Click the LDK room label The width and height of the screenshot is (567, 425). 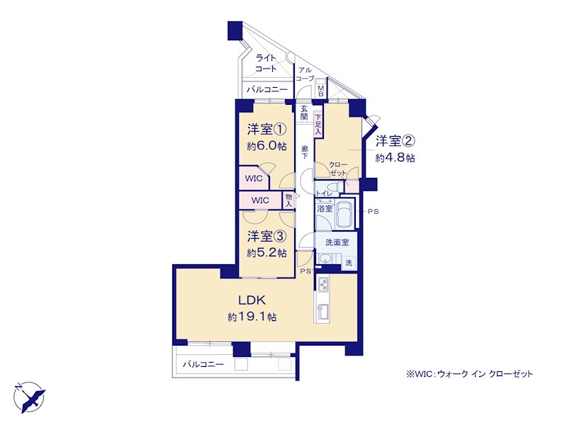point(252,300)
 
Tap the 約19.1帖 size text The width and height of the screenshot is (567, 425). point(252,317)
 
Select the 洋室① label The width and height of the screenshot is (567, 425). point(267,129)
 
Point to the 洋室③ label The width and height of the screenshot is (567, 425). point(267,237)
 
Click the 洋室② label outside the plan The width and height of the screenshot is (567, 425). point(395,141)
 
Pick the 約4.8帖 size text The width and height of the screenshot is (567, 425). point(395,158)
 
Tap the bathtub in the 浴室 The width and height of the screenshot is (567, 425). point(344,214)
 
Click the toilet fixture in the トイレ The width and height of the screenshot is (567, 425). point(338,187)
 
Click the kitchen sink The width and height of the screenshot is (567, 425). point(322,310)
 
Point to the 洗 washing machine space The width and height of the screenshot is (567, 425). point(349,263)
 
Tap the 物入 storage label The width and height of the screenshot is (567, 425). point(288,200)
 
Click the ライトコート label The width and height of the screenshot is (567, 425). point(266,63)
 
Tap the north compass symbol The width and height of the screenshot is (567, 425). point(30,397)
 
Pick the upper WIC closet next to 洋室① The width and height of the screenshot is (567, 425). point(254,178)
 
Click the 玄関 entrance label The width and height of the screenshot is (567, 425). point(304,113)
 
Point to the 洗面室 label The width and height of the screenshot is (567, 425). point(337,242)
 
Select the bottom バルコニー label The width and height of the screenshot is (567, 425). point(203,364)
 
